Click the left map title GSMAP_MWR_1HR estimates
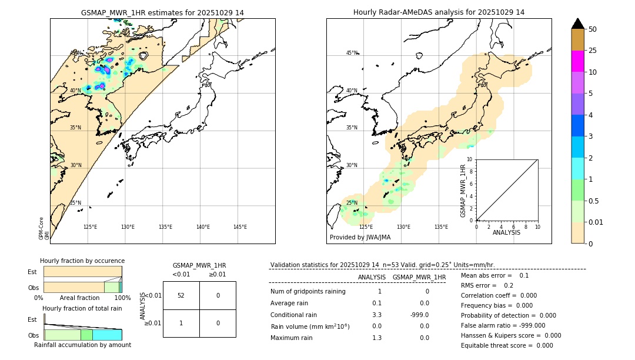coord(162,12)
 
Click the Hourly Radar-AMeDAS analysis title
coord(439,12)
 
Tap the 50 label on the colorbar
coord(593,29)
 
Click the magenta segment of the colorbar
coord(577,61)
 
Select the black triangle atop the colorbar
coord(577,24)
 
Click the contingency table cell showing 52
coord(181,295)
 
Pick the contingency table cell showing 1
coord(181,323)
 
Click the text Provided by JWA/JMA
coord(360,237)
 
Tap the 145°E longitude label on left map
coord(240,227)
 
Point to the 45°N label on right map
coord(352,53)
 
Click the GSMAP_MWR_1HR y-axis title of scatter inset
coord(463,191)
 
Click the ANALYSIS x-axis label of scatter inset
coord(506,233)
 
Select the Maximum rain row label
coord(292,338)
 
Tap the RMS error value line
coord(487,285)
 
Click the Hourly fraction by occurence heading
coord(82,261)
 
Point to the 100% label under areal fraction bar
coord(122,298)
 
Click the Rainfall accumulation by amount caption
coord(82,345)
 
